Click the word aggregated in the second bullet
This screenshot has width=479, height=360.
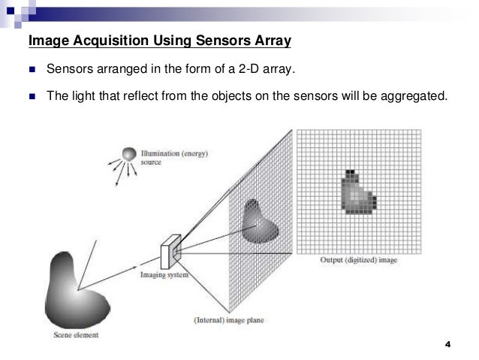pyautogui.click(x=412, y=97)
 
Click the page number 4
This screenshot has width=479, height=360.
pyautogui.click(x=448, y=345)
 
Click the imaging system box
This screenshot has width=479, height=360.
pyautogui.click(x=171, y=251)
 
